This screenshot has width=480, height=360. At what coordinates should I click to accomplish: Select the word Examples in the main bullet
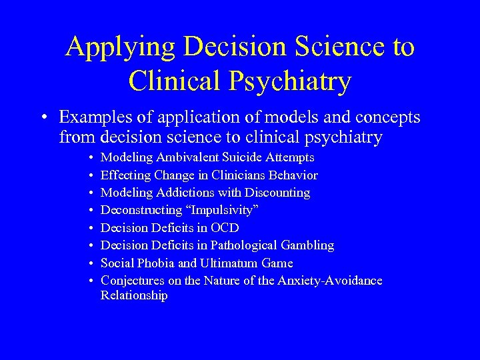tap(94, 117)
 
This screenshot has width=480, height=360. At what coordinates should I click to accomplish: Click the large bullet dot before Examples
tap(41, 118)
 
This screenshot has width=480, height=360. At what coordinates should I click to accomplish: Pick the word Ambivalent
tap(187, 158)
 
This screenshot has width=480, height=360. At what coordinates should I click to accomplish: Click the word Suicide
tap(242, 158)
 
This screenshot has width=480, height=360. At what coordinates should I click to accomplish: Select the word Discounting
tap(277, 193)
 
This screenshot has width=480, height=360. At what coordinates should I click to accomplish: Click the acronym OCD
tap(224, 228)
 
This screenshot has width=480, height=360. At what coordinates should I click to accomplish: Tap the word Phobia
tap(155, 263)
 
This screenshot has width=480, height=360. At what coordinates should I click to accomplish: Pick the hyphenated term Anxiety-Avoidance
tap(329, 281)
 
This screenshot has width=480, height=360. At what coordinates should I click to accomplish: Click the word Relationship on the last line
tap(134, 295)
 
